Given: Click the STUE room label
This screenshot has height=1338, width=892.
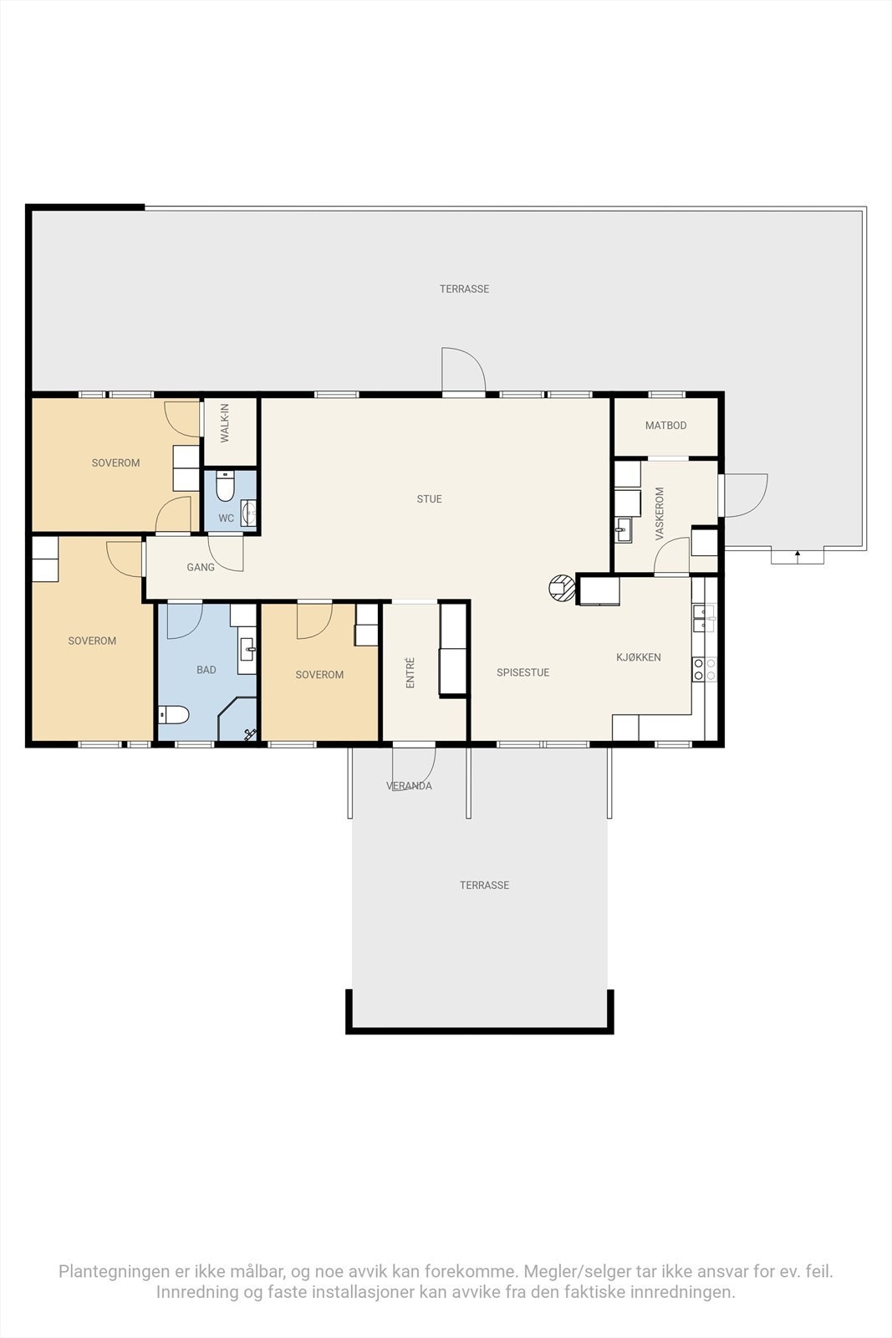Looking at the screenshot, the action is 430,498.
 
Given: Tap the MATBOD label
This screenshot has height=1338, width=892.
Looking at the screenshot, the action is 665,426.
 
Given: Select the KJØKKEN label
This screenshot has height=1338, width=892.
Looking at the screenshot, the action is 638,657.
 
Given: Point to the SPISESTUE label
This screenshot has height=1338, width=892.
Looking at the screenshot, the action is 523,672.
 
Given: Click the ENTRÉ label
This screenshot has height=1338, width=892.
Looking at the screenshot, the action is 410,672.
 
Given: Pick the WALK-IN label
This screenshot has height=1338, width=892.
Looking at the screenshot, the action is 225,423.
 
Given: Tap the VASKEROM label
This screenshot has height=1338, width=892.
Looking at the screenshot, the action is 660,513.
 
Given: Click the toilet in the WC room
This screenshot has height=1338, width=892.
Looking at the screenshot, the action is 225,486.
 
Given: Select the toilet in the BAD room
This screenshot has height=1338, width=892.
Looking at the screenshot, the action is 174,714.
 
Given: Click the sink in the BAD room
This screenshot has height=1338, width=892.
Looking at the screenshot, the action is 247,648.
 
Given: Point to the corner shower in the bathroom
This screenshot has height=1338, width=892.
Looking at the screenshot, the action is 237,719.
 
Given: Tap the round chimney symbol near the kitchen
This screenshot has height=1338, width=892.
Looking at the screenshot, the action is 562,588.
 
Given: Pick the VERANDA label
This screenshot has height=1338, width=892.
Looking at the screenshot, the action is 409,786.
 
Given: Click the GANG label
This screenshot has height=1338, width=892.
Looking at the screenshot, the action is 201,567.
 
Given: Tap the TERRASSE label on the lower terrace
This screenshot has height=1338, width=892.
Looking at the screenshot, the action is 484,886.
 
